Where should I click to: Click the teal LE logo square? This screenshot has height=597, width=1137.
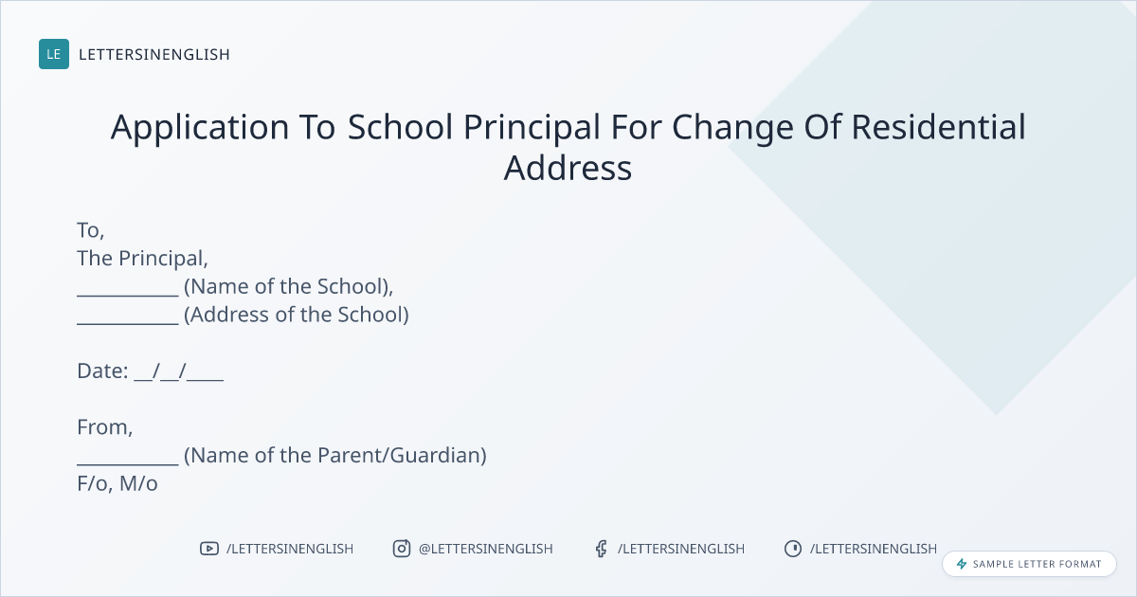point(54,54)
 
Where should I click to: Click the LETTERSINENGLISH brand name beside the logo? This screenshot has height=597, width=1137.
point(154,54)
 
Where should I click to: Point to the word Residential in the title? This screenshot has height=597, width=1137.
point(939,127)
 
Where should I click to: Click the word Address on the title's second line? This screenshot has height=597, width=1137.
point(568,168)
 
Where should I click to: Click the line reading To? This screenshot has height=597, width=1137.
point(91,231)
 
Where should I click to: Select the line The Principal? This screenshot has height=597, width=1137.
point(143,259)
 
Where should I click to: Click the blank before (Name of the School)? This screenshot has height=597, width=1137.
point(128,295)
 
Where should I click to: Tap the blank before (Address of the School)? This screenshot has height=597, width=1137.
point(128,323)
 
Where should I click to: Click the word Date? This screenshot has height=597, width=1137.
point(102,371)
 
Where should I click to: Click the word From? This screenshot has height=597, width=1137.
point(105,427)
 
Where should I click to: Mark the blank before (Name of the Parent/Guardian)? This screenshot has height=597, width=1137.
point(128,463)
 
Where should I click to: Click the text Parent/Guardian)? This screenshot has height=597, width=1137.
point(402,456)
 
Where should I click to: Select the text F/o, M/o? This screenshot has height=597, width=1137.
point(117,484)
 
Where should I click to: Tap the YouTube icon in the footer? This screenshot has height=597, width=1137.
point(209,549)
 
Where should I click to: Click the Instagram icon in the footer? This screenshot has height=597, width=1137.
point(402,549)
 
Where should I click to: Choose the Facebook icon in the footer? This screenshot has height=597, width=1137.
point(602,549)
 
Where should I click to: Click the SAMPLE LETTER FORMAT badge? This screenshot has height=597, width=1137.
point(1029,564)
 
